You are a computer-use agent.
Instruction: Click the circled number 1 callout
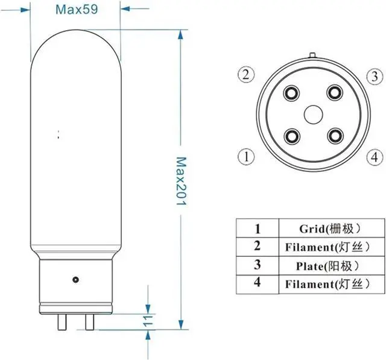245,157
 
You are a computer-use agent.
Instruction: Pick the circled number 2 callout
244,75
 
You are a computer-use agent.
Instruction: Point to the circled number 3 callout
374,76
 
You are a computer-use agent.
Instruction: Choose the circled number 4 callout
374,157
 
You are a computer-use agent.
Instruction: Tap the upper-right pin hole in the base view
334,93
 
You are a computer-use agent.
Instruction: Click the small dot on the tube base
75,280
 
